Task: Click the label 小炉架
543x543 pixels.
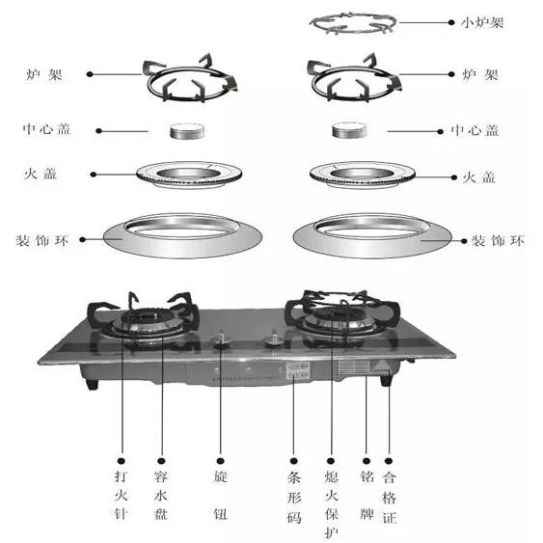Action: pyautogui.click(x=482, y=23)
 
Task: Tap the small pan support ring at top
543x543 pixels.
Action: pyautogui.click(x=353, y=31)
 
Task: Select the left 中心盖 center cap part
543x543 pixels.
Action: pyautogui.click(x=187, y=131)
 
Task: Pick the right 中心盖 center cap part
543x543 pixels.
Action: pyautogui.click(x=349, y=130)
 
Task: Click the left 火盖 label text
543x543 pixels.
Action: pyautogui.click(x=41, y=174)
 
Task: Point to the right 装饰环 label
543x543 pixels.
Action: pyautogui.click(x=498, y=240)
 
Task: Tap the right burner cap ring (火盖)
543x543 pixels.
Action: pyautogui.click(x=363, y=180)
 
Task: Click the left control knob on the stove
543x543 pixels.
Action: pyautogui.click(x=222, y=340)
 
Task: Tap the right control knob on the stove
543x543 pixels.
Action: pyautogui.click(x=274, y=339)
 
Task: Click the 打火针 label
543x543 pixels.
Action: pyautogui.click(x=121, y=495)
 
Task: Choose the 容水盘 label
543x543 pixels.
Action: pyautogui.click(x=161, y=495)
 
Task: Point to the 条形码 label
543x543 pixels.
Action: pyautogui.click(x=294, y=498)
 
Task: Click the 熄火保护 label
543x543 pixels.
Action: pyautogui.click(x=332, y=504)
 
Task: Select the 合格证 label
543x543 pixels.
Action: pyautogui.click(x=390, y=498)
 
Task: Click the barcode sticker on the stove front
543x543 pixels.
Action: pyautogui.click(x=298, y=370)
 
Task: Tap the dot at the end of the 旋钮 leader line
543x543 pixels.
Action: pyautogui.click(x=221, y=461)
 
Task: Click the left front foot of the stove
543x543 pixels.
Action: pyautogui.click(x=92, y=384)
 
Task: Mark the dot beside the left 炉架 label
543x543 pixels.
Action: pyautogui.click(x=90, y=74)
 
